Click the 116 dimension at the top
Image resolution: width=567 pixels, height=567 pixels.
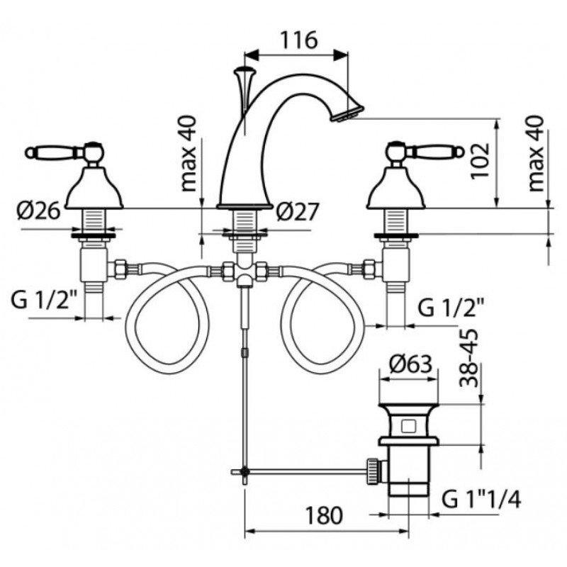click(299, 40)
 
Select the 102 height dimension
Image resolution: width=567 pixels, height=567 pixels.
click(480, 161)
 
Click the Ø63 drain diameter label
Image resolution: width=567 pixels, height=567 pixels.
click(411, 364)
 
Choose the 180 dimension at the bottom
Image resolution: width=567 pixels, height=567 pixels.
click(324, 515)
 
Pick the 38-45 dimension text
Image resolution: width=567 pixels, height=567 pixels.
click(469, 358)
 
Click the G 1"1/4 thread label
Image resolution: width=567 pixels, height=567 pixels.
click(481, 500)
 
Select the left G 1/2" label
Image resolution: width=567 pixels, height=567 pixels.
click(44, 301)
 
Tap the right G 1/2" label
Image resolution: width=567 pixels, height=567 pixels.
click(451, 308)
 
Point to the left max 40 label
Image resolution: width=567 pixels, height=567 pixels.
click(189, 154)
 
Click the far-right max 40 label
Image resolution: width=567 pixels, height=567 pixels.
click(536, 154)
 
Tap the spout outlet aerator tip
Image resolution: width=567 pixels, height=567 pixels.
click(348, 113)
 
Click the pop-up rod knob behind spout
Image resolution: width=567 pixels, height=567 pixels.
click(245, 70)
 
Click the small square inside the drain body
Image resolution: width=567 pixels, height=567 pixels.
click(409, 426)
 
